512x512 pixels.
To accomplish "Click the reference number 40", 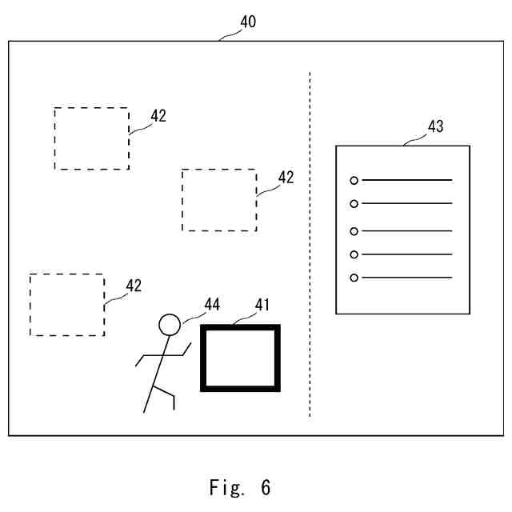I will click(x=248, y=22).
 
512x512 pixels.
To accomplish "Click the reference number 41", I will click(x=263, y=305).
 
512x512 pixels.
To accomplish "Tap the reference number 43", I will click(x=436, y=126).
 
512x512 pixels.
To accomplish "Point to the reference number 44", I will click(x=212, y=305).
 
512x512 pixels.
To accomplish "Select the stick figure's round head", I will click(x=169, y=324).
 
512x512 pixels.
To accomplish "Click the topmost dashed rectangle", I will click(x=91, y=138).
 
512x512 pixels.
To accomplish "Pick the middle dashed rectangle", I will click(x=219, y=200).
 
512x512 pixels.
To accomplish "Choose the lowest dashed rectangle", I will click(x=67, y=305).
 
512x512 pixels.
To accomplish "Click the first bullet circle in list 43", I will click(x=354, y=181).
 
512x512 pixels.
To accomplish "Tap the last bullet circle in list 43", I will click(x=354, y=278).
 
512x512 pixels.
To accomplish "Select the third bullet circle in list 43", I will click(x=354, y=232).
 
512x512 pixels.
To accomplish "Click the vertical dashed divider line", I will click(x=310, y=240).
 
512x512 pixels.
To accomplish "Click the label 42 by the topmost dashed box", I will click(x=158, y=116).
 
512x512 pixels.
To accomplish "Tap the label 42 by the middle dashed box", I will click(x=286, y=178).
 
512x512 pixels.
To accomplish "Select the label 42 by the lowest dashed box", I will click(x=134, y=286).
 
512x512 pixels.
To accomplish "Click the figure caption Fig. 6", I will click(x=241, y=486).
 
